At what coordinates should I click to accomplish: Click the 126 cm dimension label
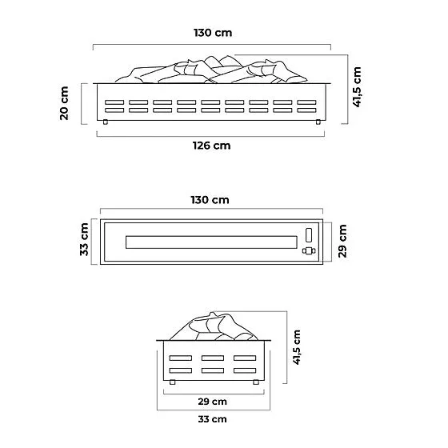click(212, 146)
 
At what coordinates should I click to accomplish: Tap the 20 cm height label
click(64, 103)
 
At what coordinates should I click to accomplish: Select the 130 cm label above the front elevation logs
click(213, 33)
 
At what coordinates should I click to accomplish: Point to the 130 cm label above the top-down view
click(210, 200)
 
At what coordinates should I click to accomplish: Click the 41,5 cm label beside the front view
click(357, 87)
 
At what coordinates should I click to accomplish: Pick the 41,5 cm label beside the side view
click(296, 347)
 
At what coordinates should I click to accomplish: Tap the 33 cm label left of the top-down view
click(84, 239)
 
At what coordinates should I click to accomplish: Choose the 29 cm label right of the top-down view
click(342, 241)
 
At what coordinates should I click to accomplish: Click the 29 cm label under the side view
click(212, 402)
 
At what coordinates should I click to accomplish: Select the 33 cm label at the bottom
click(212, 419)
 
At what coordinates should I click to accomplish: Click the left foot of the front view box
click(106, 122)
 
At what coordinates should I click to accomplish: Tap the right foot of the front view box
click(318, 122)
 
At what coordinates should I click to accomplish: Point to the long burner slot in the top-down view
click(211, 242)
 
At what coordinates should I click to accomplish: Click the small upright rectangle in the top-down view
click(309, 235)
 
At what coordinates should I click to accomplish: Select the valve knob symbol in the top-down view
click(309, 251)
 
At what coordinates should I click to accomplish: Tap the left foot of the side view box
click(172, 382)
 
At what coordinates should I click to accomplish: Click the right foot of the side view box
click(256, 382)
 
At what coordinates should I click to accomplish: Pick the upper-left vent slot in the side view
click(181, 358)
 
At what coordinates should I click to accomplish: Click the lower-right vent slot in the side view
click(245, 370)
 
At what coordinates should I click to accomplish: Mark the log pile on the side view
click(214, 326)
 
